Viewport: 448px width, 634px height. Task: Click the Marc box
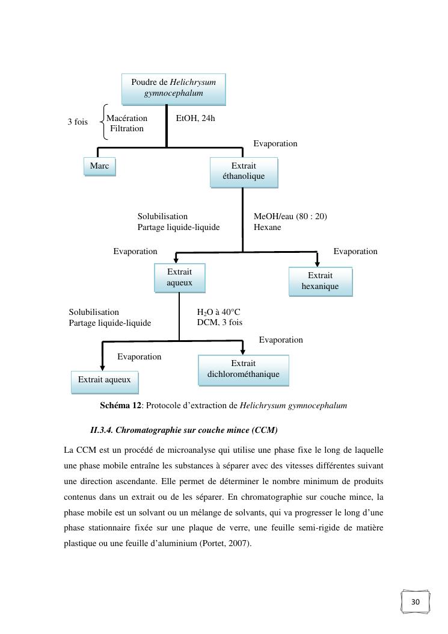pyautogui.click(x=99, y=166)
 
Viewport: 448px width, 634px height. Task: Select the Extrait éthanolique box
pyautogui.click(x=244, y=172)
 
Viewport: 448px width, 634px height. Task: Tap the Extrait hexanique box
pyautogui.click(x=320, y=281)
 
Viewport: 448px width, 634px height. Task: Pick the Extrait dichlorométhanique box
pyautogui.click(x=243, y=369)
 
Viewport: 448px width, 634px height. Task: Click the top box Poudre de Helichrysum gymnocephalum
pyautogui.click(x=173, y=88)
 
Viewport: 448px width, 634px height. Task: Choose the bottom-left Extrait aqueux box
pyautogui.click(x=105, y=380)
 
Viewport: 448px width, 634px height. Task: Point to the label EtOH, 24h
pyautogui.click(x=195, y=118)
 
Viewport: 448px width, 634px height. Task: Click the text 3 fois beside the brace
pyautogui.click(x=77, y=122)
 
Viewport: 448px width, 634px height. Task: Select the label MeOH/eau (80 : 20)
pyautogui.click(x=290, y=216)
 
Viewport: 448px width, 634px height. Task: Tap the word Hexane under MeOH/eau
pyautogui.click(x=267, y=227)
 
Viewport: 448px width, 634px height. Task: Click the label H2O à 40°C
pyautogui.click(x=218, y=312)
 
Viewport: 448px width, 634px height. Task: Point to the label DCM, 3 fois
pyautogui.click(x=219, y=322)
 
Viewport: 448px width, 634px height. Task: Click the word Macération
pyautogui.click(x=127, y=118)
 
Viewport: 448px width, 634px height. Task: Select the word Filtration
pyautogui.click(x=127, y=128)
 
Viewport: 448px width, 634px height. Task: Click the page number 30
pyautogui.click(x=416, y=602)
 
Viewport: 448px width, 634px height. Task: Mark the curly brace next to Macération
pyautogui.click(x=102, y=122)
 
